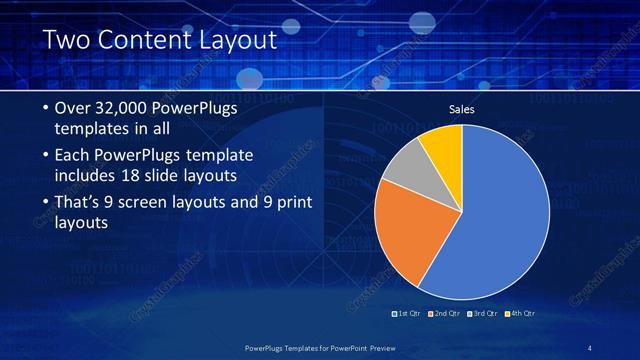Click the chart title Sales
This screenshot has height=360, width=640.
[x=461, y=108]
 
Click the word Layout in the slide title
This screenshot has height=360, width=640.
[x=237, y=41]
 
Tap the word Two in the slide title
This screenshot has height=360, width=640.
[x=66, y=41]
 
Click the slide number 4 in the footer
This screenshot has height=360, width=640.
[x=589, y=347]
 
